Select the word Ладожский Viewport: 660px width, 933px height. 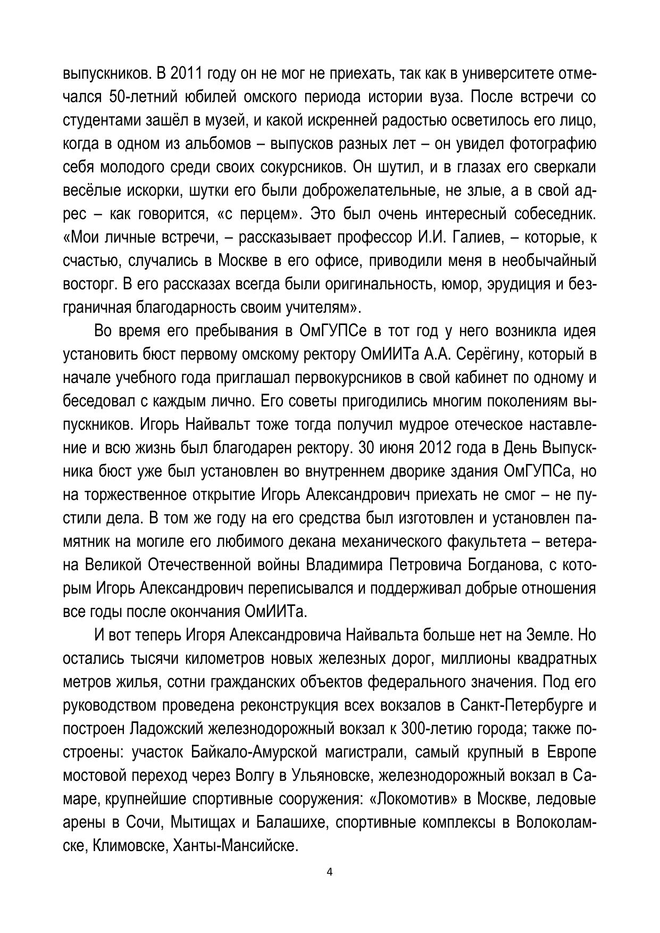(164, 729)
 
